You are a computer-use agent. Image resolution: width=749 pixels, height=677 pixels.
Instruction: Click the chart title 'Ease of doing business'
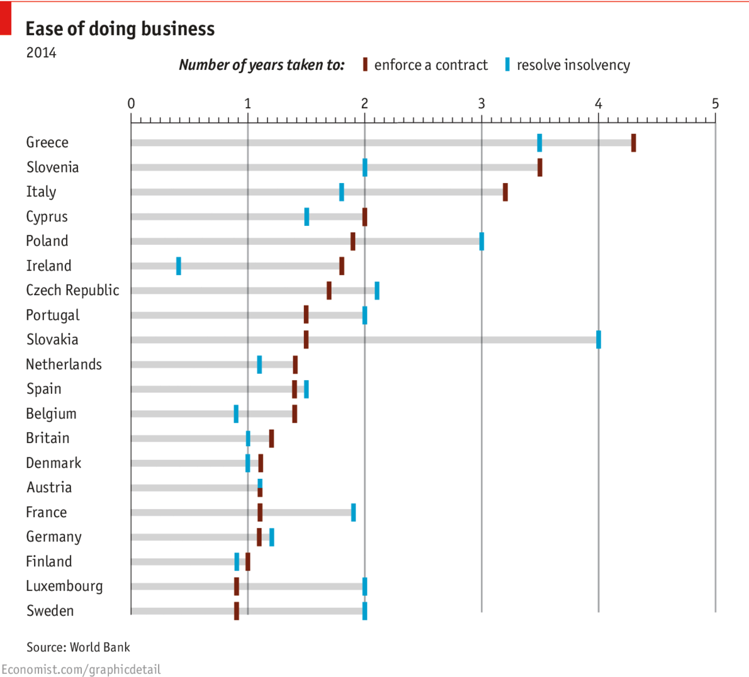(120, 29)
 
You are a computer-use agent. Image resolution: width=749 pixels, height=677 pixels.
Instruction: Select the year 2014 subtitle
(41, 53)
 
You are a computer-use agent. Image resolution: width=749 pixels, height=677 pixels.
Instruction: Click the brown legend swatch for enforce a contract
(365, 65)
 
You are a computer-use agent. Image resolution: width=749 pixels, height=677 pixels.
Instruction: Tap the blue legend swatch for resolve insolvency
(507, 65)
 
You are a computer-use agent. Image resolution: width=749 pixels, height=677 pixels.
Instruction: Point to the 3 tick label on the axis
(481, 104)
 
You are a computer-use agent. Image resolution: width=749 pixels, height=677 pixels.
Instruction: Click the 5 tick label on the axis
(715, 104)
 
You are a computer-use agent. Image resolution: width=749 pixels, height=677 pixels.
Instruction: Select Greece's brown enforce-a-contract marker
(633, 143)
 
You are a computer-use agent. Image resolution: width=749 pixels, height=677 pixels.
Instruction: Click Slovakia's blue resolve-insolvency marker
(598, 340)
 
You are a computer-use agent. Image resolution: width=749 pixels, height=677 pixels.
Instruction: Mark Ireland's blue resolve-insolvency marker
(179, 266)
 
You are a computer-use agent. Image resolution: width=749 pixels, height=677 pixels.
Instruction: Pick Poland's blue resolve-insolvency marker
(481, 242)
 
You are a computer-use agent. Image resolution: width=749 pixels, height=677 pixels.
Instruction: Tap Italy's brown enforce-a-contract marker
(505, 192)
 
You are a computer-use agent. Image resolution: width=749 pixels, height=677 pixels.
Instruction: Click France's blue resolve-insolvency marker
(353, 513)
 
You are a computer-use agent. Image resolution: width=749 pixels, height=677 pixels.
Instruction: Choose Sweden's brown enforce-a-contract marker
(237, 611)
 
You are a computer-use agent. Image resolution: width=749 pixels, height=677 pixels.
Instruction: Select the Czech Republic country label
(72, 290)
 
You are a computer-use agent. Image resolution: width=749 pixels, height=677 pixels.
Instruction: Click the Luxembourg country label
(64, 586)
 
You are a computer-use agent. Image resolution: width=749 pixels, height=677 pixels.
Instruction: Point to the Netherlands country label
(64, 364)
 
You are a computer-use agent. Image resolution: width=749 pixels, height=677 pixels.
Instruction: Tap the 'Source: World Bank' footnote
(78, 647)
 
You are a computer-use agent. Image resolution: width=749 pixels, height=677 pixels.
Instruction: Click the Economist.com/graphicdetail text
(81, 669)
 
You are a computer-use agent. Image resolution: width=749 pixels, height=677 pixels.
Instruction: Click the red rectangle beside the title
(6, 18)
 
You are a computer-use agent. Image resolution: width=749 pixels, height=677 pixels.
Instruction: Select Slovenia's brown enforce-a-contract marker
(539, 167)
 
